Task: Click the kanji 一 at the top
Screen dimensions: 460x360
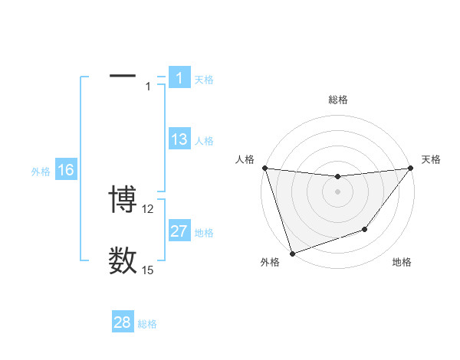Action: (x=123, y=77)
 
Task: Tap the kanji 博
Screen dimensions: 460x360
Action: (x=123, y=200)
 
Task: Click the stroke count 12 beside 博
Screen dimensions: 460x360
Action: (x=148, y=208)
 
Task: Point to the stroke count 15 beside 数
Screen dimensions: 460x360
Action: (x=148, y=270)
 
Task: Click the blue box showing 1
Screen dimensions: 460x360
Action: (x=179, y=78)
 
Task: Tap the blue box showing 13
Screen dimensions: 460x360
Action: (x=179, y=139)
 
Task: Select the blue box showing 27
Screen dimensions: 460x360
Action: (x=179, y=231)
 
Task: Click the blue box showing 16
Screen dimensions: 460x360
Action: (x=66, y=170)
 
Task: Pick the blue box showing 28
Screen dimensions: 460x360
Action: (x=123, y=322)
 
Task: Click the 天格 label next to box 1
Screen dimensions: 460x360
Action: (x=204, y=80)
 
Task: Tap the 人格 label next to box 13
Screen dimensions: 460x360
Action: (x=204, y=141)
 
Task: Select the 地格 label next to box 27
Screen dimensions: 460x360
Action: (x=204, y=233)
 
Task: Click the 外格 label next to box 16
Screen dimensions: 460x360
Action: (x=41, y=172)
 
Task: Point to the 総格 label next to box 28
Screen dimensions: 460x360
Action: (x=147, y=324)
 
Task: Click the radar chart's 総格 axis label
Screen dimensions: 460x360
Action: (x=338, y=100)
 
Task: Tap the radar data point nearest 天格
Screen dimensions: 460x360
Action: (x=410, y=168)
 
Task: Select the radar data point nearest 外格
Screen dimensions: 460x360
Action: (x=292, y=254)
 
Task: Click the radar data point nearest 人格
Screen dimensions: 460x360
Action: (x=264, y=168)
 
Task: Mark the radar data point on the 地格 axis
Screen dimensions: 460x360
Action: (x=365, y=229)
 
